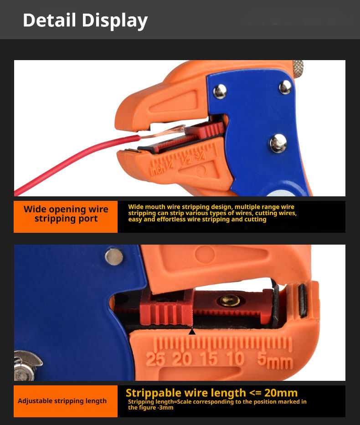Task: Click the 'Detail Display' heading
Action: click(x=85, y=20)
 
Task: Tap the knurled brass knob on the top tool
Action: click(x=298, y=69)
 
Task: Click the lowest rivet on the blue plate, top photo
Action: click(x=278, y=143)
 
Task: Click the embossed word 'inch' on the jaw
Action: click(x=157, y=170)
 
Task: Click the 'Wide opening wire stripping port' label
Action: click(x=66, y=214)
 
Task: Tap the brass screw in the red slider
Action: click(x=230, y=300)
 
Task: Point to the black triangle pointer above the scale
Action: click(x=192, y=332)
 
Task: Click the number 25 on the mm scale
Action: click(x=155, y=359)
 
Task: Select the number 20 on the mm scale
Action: click(x=182, y=358)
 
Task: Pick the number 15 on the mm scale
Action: click(x=209, y=358)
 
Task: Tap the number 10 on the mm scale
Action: click(x=236, y=358)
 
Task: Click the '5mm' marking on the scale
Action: click(x=275, y=360)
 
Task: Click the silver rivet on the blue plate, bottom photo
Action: click(x=114, y=256)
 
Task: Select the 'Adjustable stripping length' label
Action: click(x=62, y=401)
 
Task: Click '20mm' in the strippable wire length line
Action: click(x=281, y=393)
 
